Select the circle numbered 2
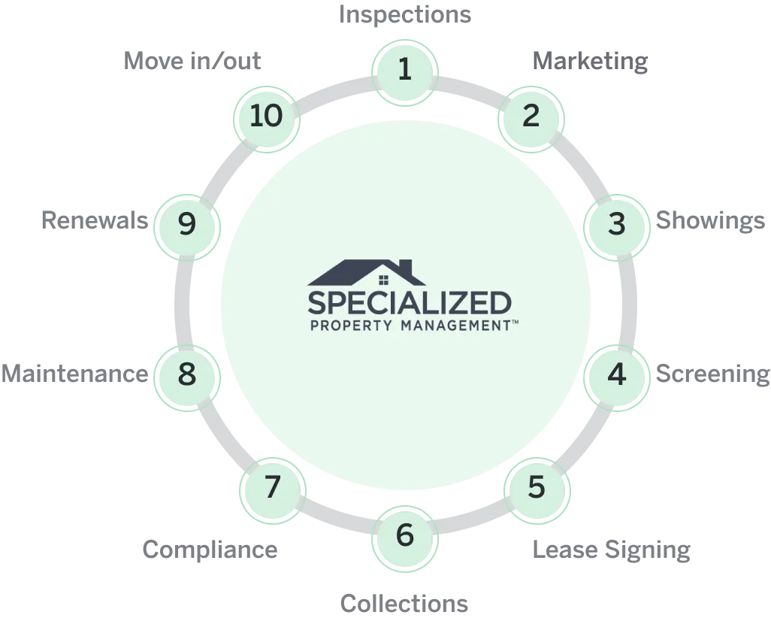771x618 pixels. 531,116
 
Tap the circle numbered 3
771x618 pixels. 617,224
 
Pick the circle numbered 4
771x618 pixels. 616,374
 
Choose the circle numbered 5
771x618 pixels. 535,487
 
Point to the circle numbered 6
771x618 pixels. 405,535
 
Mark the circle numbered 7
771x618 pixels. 272,487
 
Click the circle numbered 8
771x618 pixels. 186,374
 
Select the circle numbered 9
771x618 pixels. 186,224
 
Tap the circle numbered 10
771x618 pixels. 266,116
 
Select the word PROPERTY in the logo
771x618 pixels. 352,326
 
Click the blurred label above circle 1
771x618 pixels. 405,13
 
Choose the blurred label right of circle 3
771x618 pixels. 711,223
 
